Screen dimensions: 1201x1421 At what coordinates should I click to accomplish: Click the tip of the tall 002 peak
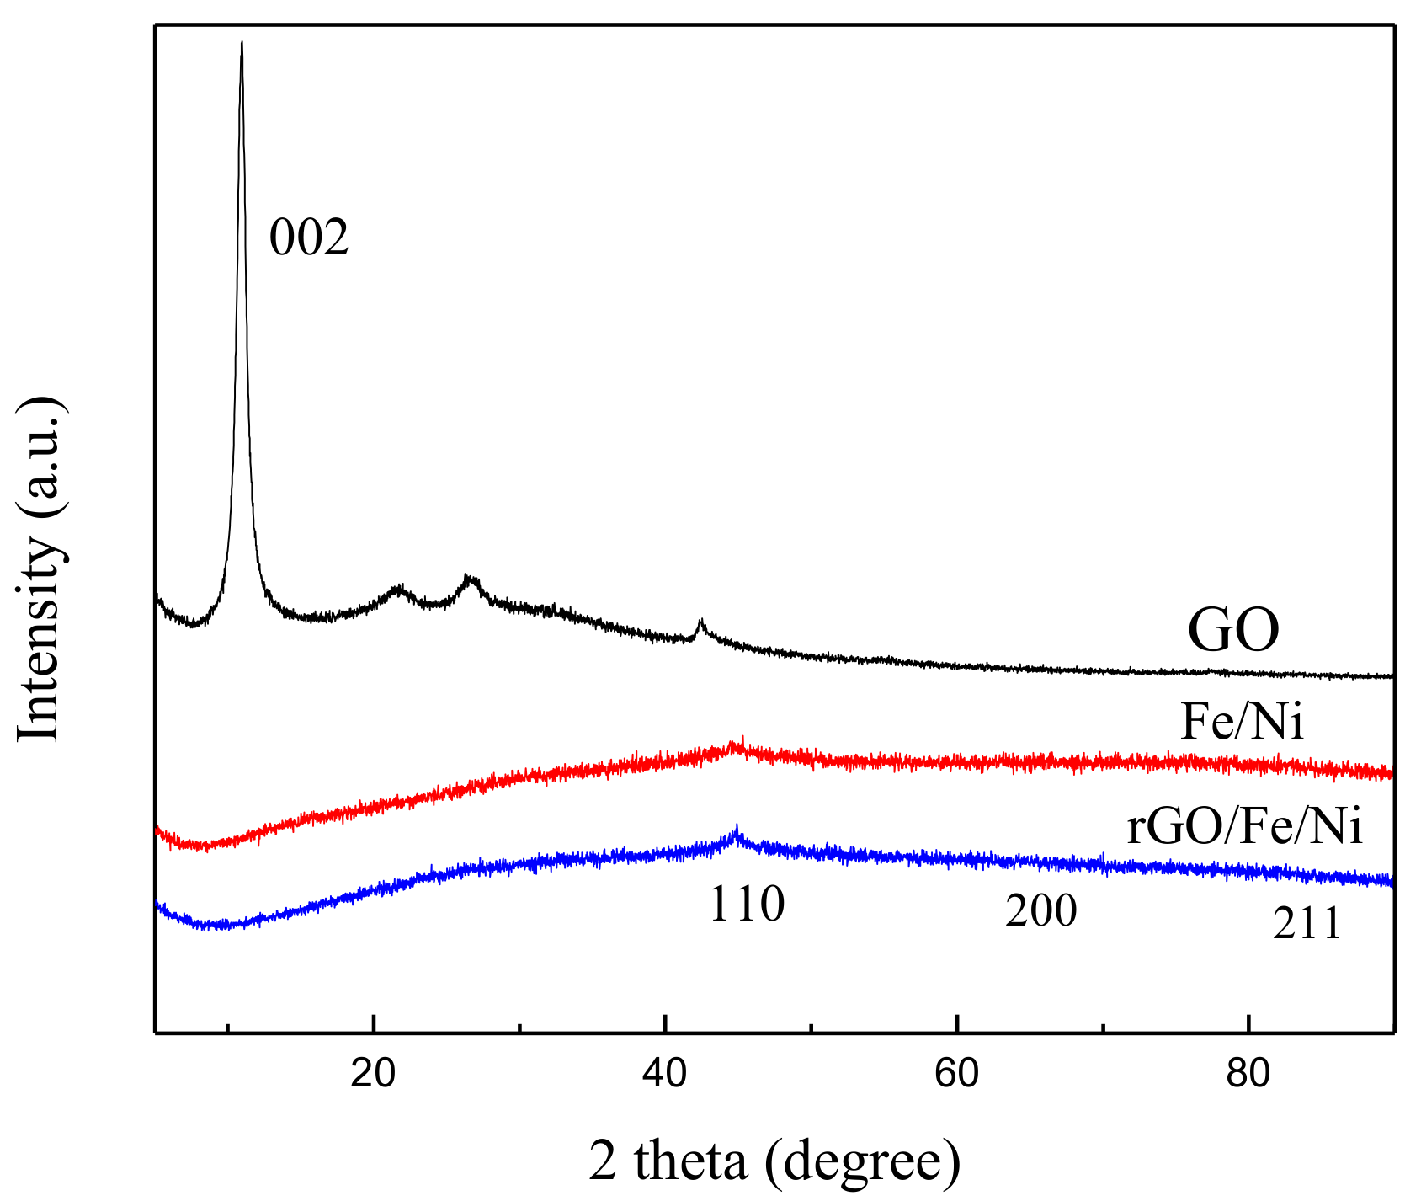click(242, 42)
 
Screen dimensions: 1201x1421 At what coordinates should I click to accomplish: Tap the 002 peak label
click(308, 238)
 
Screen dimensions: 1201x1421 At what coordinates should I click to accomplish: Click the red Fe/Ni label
click(1242, 723)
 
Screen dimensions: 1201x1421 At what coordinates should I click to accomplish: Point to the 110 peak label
click(747, 905)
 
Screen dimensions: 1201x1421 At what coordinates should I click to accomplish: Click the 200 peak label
click(1040, 911)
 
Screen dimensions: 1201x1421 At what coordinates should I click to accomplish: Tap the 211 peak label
click(1307, 925)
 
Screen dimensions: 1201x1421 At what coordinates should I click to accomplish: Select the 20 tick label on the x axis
click(373, 1074)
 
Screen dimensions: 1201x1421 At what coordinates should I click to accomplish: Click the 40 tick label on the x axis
click(665, 1074)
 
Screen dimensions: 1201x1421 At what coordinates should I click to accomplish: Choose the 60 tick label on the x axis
click(957, 1074)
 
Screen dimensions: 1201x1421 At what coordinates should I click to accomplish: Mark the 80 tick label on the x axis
click(1248, 1074)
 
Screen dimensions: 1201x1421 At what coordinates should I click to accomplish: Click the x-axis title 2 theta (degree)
click(774, 1161)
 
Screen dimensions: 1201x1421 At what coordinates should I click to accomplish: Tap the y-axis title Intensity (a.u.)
click(40, 569)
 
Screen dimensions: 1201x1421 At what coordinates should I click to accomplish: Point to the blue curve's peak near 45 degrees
click(737, 830)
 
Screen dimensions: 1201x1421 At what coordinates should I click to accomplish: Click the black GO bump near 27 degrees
click(471, 579)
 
